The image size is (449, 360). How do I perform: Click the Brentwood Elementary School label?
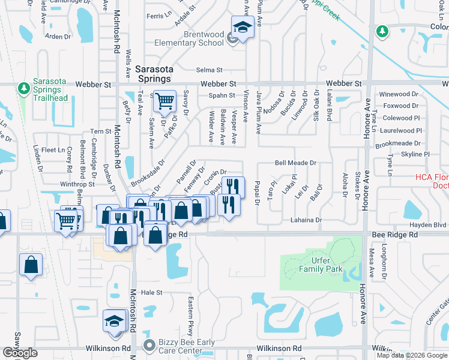(x=189, y=39)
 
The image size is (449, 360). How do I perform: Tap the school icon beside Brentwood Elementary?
(x=243, y=28)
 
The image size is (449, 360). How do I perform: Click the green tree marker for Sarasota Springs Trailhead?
(x=23, y=89)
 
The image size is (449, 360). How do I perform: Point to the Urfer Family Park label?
(x=322, y=265)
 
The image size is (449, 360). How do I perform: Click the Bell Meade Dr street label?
(x=295, y=163)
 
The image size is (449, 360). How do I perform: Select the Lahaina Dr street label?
(x=307, y=220)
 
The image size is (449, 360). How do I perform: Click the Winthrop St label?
(x=77, y=184)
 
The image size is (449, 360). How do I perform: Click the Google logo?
(x=20, y=353)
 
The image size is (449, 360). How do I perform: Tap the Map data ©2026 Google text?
(x=411, y=355)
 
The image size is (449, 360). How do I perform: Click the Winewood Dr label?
(x=398, y=94)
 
